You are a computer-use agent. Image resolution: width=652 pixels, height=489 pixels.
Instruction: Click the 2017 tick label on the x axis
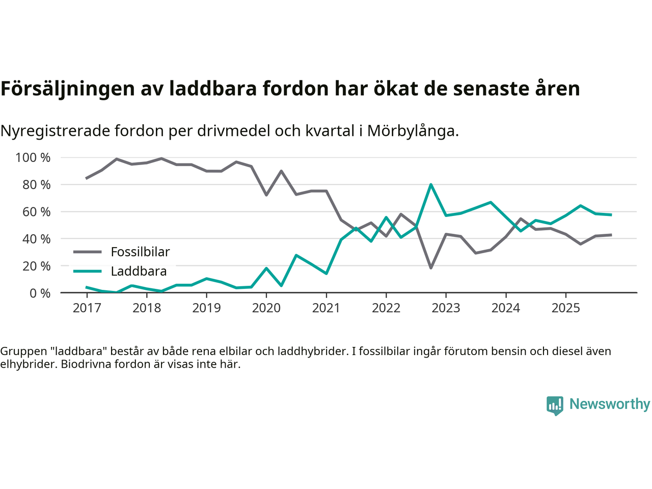(87, 308)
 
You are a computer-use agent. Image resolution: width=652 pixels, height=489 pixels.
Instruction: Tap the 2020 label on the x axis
(266, 308)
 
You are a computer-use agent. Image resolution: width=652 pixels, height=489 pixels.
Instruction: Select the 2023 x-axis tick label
(446, 308)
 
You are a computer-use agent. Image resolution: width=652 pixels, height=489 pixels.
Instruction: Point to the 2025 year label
(565, 308)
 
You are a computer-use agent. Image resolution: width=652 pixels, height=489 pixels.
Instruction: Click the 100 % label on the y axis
(33, 158)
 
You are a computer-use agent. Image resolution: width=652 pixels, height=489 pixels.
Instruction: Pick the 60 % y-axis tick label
(37, 212)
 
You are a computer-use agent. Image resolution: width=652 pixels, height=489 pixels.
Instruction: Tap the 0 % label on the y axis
(40, 293)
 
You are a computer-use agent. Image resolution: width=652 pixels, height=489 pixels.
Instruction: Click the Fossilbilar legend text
(140, 252)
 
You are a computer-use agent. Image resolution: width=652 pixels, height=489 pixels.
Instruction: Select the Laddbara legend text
(139, 271)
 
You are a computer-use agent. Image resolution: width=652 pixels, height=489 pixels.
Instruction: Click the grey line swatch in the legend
(88, 252)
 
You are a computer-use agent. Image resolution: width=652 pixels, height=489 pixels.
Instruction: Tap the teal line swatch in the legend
(88, 271)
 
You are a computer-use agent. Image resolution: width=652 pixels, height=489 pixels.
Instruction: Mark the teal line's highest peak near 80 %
(431, 184)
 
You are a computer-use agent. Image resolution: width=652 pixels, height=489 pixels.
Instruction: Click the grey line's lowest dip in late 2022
(431, 268)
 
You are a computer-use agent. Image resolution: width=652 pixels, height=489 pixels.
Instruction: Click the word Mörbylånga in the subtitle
(412, 131)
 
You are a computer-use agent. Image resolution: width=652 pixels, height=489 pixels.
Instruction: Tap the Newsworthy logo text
(609, 404)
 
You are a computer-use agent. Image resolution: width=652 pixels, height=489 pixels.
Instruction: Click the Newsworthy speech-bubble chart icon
(555, 405)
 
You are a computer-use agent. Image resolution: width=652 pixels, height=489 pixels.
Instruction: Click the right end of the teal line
(611, 215)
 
